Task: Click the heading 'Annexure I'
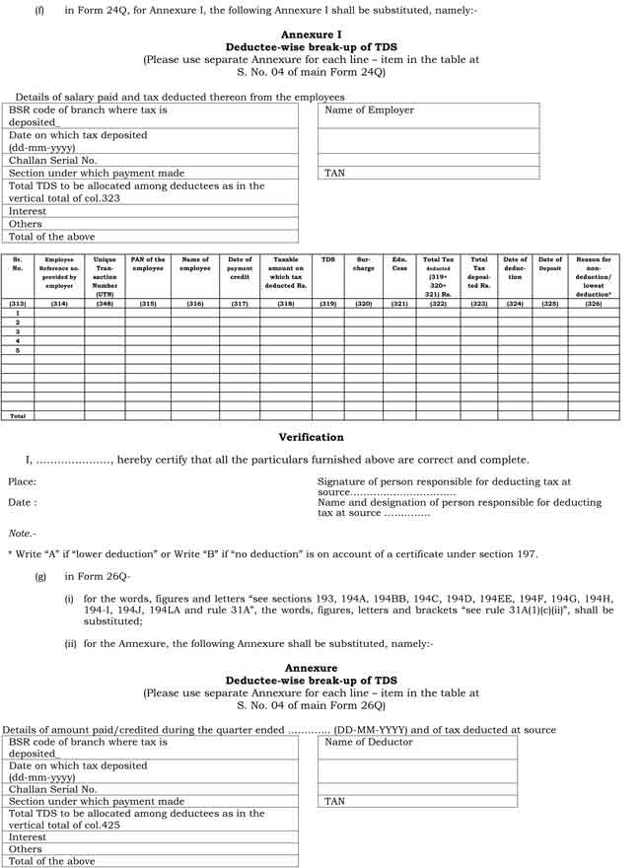click(x=311, y=35)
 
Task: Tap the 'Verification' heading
click(x=311, y=437)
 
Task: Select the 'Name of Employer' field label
click(x=369, y=110)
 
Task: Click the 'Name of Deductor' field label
click(x=369, y=742)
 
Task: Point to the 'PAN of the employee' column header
click(x=148, y=264)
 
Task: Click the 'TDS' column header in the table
click(x=328, y=260)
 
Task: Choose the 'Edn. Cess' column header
click(x=399, y=264)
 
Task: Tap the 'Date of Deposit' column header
click(x=550, y=263)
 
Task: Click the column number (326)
click(x=593, y=304)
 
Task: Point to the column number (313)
click(x=18, y=304)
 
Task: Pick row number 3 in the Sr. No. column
click(x=18, y=331)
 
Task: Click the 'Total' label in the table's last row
click(x=18, y=416)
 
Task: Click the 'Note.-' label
click(x=22, y=534)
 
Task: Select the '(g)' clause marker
click(x=40, y=575)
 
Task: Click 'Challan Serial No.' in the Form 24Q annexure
click(x=53, y=160)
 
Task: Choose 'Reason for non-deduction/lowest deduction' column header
click(x=593, y=276)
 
